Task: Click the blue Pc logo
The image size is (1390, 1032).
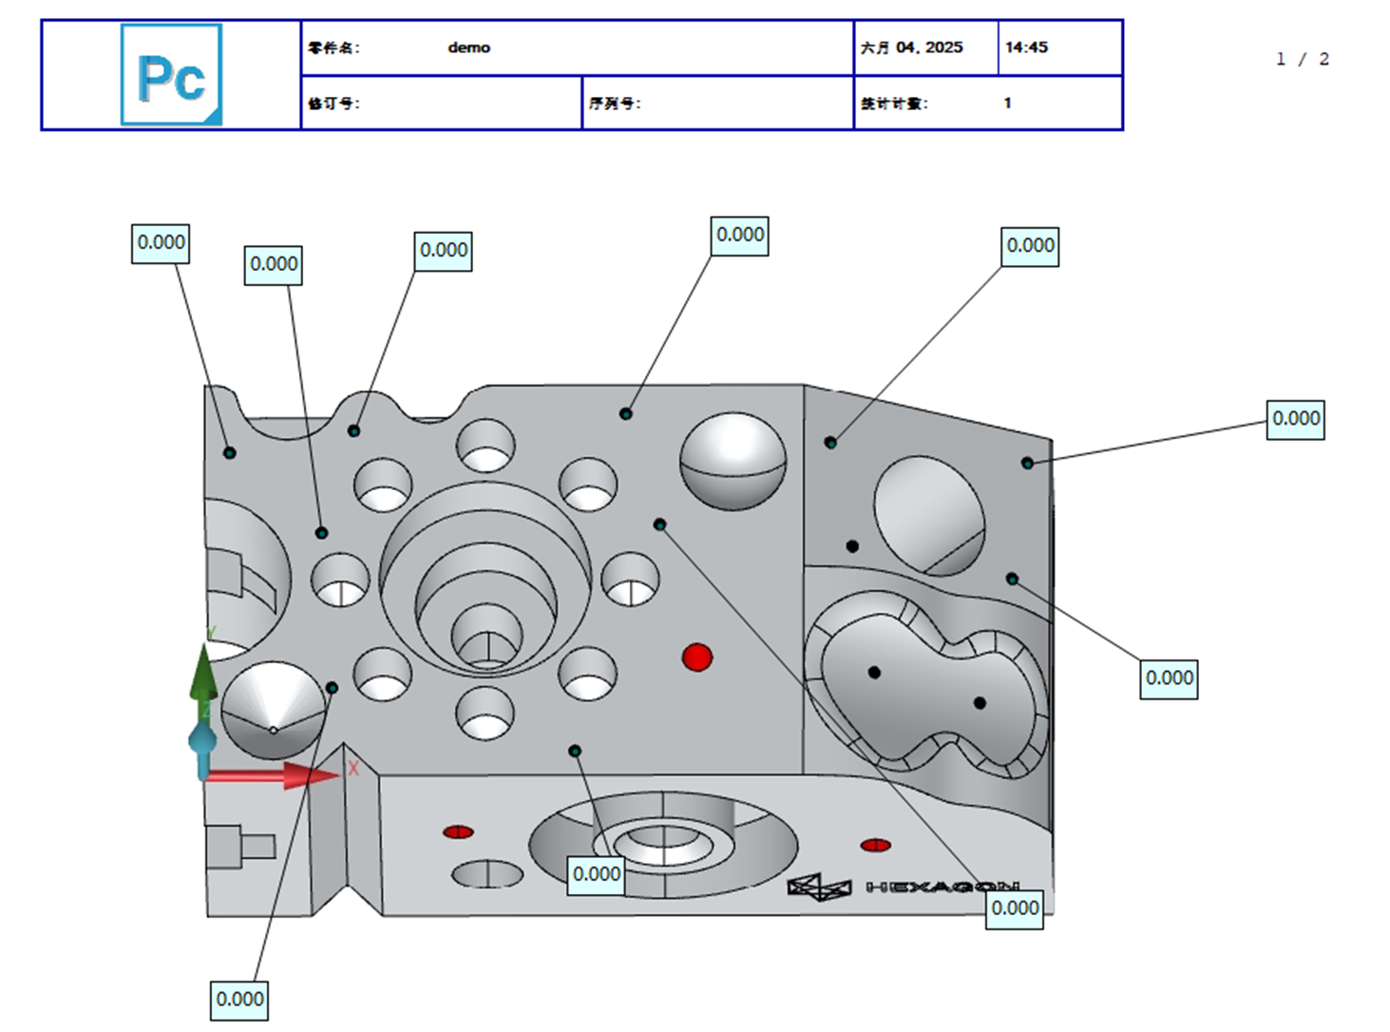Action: [171, 75]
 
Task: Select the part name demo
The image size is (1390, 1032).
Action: [468, 48]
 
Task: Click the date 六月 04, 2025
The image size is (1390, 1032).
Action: [911, 48]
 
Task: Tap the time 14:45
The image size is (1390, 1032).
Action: [1026, 48]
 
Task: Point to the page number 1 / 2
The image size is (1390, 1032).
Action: [1302, 60]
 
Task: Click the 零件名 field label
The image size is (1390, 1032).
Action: [333, 48]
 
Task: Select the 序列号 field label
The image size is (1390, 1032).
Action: [615, 104]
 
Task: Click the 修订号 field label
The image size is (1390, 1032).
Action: [333, 104]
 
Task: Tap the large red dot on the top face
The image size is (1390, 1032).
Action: [697, 658]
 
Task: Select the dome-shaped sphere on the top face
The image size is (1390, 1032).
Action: [733, 460]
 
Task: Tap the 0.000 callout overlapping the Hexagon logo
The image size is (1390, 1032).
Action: [1015, 908]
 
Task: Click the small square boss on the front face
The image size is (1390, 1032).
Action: [225, 847]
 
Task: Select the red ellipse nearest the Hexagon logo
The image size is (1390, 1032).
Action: [875, 845]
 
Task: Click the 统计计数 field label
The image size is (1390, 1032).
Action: [894, 104]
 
